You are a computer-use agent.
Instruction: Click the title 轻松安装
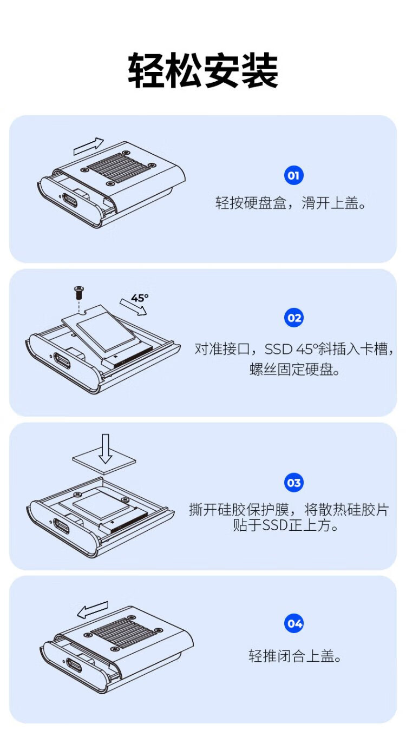pyautogui.click(x=203, y=70)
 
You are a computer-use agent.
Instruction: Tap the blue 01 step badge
pyautogui.click(x=294, y=175)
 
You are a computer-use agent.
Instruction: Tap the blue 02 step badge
pyautogui.click(x=294, y=318)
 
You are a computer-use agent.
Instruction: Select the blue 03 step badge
pyautogui.click(x=294, y=483)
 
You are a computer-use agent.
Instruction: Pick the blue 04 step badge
pyautogui.click(x=294, y=623)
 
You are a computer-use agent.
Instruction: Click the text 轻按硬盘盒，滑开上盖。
pyautogui.click(x=291, y=203)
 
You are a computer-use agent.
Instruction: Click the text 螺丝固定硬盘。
pyautogui.click(x=294, y=370)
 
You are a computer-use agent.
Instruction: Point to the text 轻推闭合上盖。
pyautogui.click(x=294, y=656)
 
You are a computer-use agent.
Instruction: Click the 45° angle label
pyautogui.click(x=140, y=298)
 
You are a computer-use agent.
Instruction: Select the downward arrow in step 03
pyautogui.click(x=106, y=449)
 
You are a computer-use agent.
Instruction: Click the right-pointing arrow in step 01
pyautogui.click(x=89, y=147)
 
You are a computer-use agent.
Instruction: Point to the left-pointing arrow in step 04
pyautogui.click(x=93, y=610)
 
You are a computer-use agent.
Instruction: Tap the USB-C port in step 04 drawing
pyautogui.click(x=74, y=664)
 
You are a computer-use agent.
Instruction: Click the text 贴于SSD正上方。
pyautogui.click(x=285, y=525)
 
